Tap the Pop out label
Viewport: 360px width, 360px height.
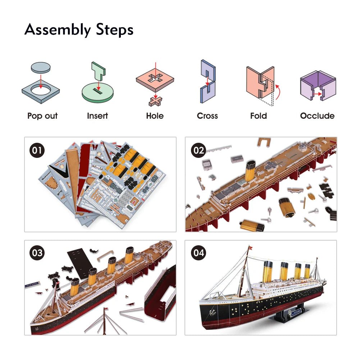tap(42, 116)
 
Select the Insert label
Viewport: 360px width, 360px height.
tap(97, 116)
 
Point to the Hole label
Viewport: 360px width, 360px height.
tap(155, 116)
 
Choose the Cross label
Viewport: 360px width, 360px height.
tap(208, 116)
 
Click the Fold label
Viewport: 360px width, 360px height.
tap(259, 116)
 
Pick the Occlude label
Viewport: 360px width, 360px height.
tap(317, 116)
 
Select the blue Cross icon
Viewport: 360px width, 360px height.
tap(208, 82)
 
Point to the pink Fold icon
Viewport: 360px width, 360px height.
tap(260, 82)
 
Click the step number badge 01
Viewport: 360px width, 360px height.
tap(36, 150)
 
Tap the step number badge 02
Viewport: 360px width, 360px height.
tap(198, 150)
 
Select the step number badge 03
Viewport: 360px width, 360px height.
tap(36, 253)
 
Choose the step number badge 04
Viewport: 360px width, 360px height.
tap(198, 253)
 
